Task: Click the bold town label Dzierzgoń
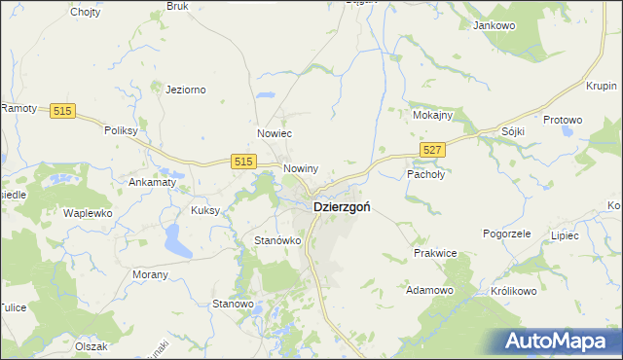[341, 207]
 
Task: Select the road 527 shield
[434, 148]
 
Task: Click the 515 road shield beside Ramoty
[64, 112]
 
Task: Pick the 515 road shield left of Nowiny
[243, 161]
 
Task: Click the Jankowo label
[493, 26]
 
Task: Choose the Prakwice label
[435, 253]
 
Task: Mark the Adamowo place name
[430, 290]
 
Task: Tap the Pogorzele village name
[506, 234]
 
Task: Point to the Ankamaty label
[152, 182]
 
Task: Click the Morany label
[150, 274]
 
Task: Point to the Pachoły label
[424, 174]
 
